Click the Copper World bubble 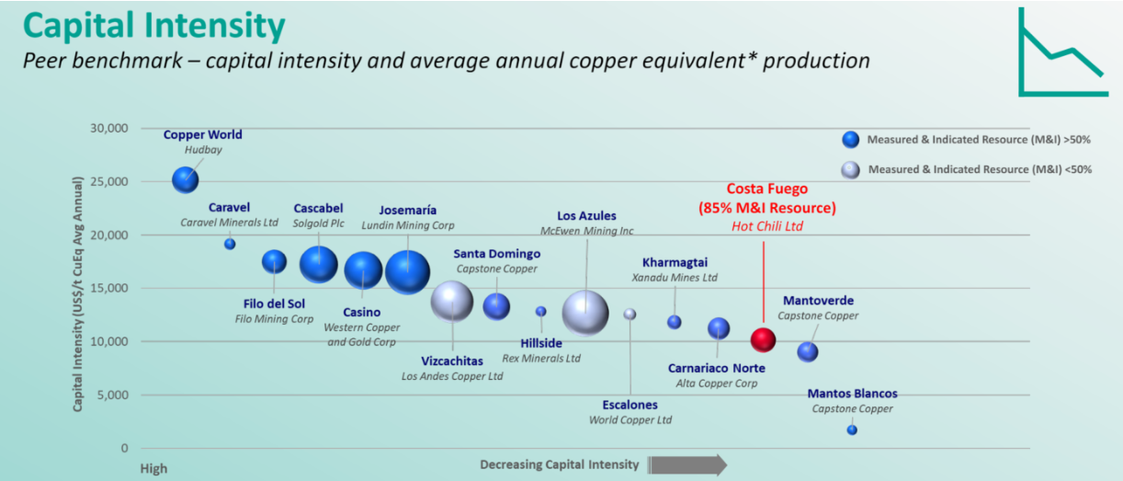point(186,179)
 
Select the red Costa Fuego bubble point(763,339)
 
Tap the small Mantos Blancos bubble point(852,429)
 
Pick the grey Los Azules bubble point(585,313)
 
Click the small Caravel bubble point(230,244)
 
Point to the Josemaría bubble point(406,272)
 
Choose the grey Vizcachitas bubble point(452,301)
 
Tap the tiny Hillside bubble point(541,312)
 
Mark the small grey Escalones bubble point(630,314)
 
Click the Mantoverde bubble point(808,351)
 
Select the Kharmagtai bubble point(675,322)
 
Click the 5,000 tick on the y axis point(113,395)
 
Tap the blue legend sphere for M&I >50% point(851,140)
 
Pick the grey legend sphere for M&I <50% point(851,169)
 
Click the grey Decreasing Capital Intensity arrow point(688,464)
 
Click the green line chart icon point(1061,53)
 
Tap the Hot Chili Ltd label point(768,225)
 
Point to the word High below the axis point(153,468)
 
